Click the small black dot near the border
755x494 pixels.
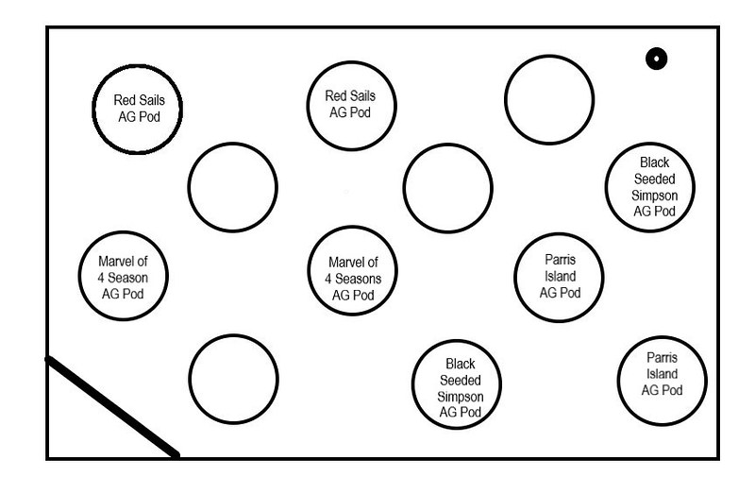[656, 59]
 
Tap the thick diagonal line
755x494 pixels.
[112, 407]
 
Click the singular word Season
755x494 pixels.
[127, 278]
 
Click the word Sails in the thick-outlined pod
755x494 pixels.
[153, 100]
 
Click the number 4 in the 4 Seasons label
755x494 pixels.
[327, 279]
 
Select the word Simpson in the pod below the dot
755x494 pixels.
[654, 196]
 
